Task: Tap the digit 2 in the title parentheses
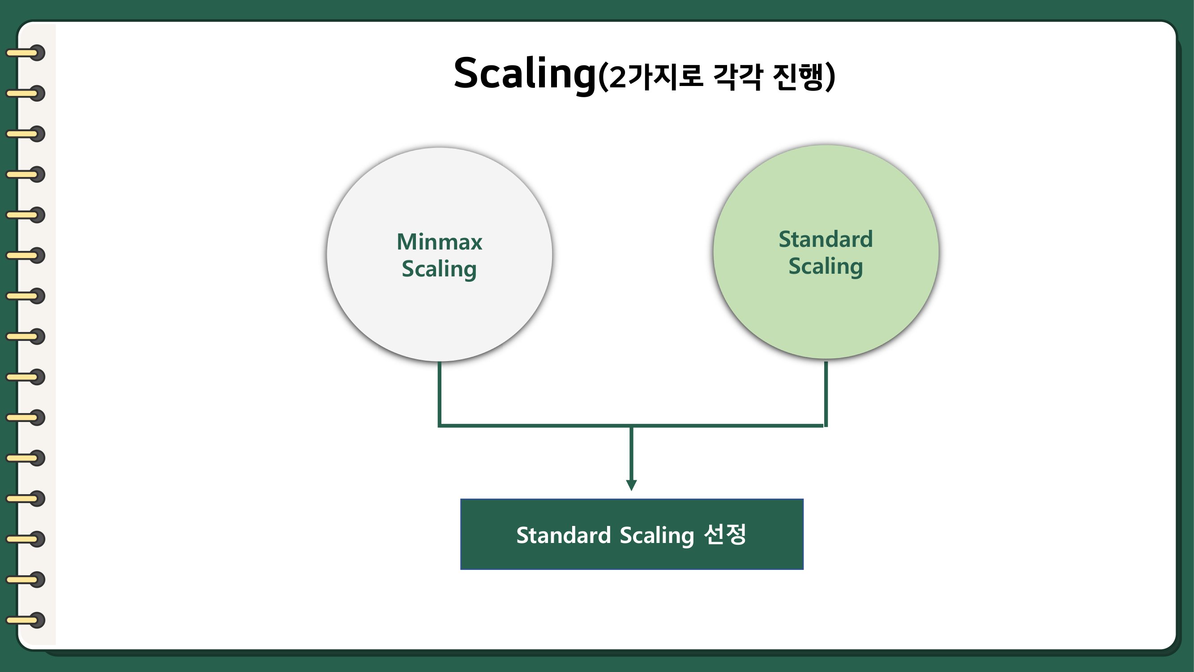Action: pyautogui.click(x=617, y=78)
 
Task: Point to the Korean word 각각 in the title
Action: pyautogui.click(x=737, y=77)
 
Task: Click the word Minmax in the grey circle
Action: pyautogui.click(x=439, y=242)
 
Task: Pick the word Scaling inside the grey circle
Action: pyautogui.click(x=439, y=269)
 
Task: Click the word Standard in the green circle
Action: pyautogui.click(x=826, y=239)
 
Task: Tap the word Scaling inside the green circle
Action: pyautogui.click(x=826, y=267)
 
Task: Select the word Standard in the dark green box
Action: pyautogui.click(x=563, y=535)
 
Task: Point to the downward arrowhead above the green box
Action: pyautogui.click(x=631, y=485)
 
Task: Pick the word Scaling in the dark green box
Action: pyautogui.click(x=656, y=535)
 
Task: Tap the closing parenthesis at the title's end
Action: pyautogui.click(x=830, y=78)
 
